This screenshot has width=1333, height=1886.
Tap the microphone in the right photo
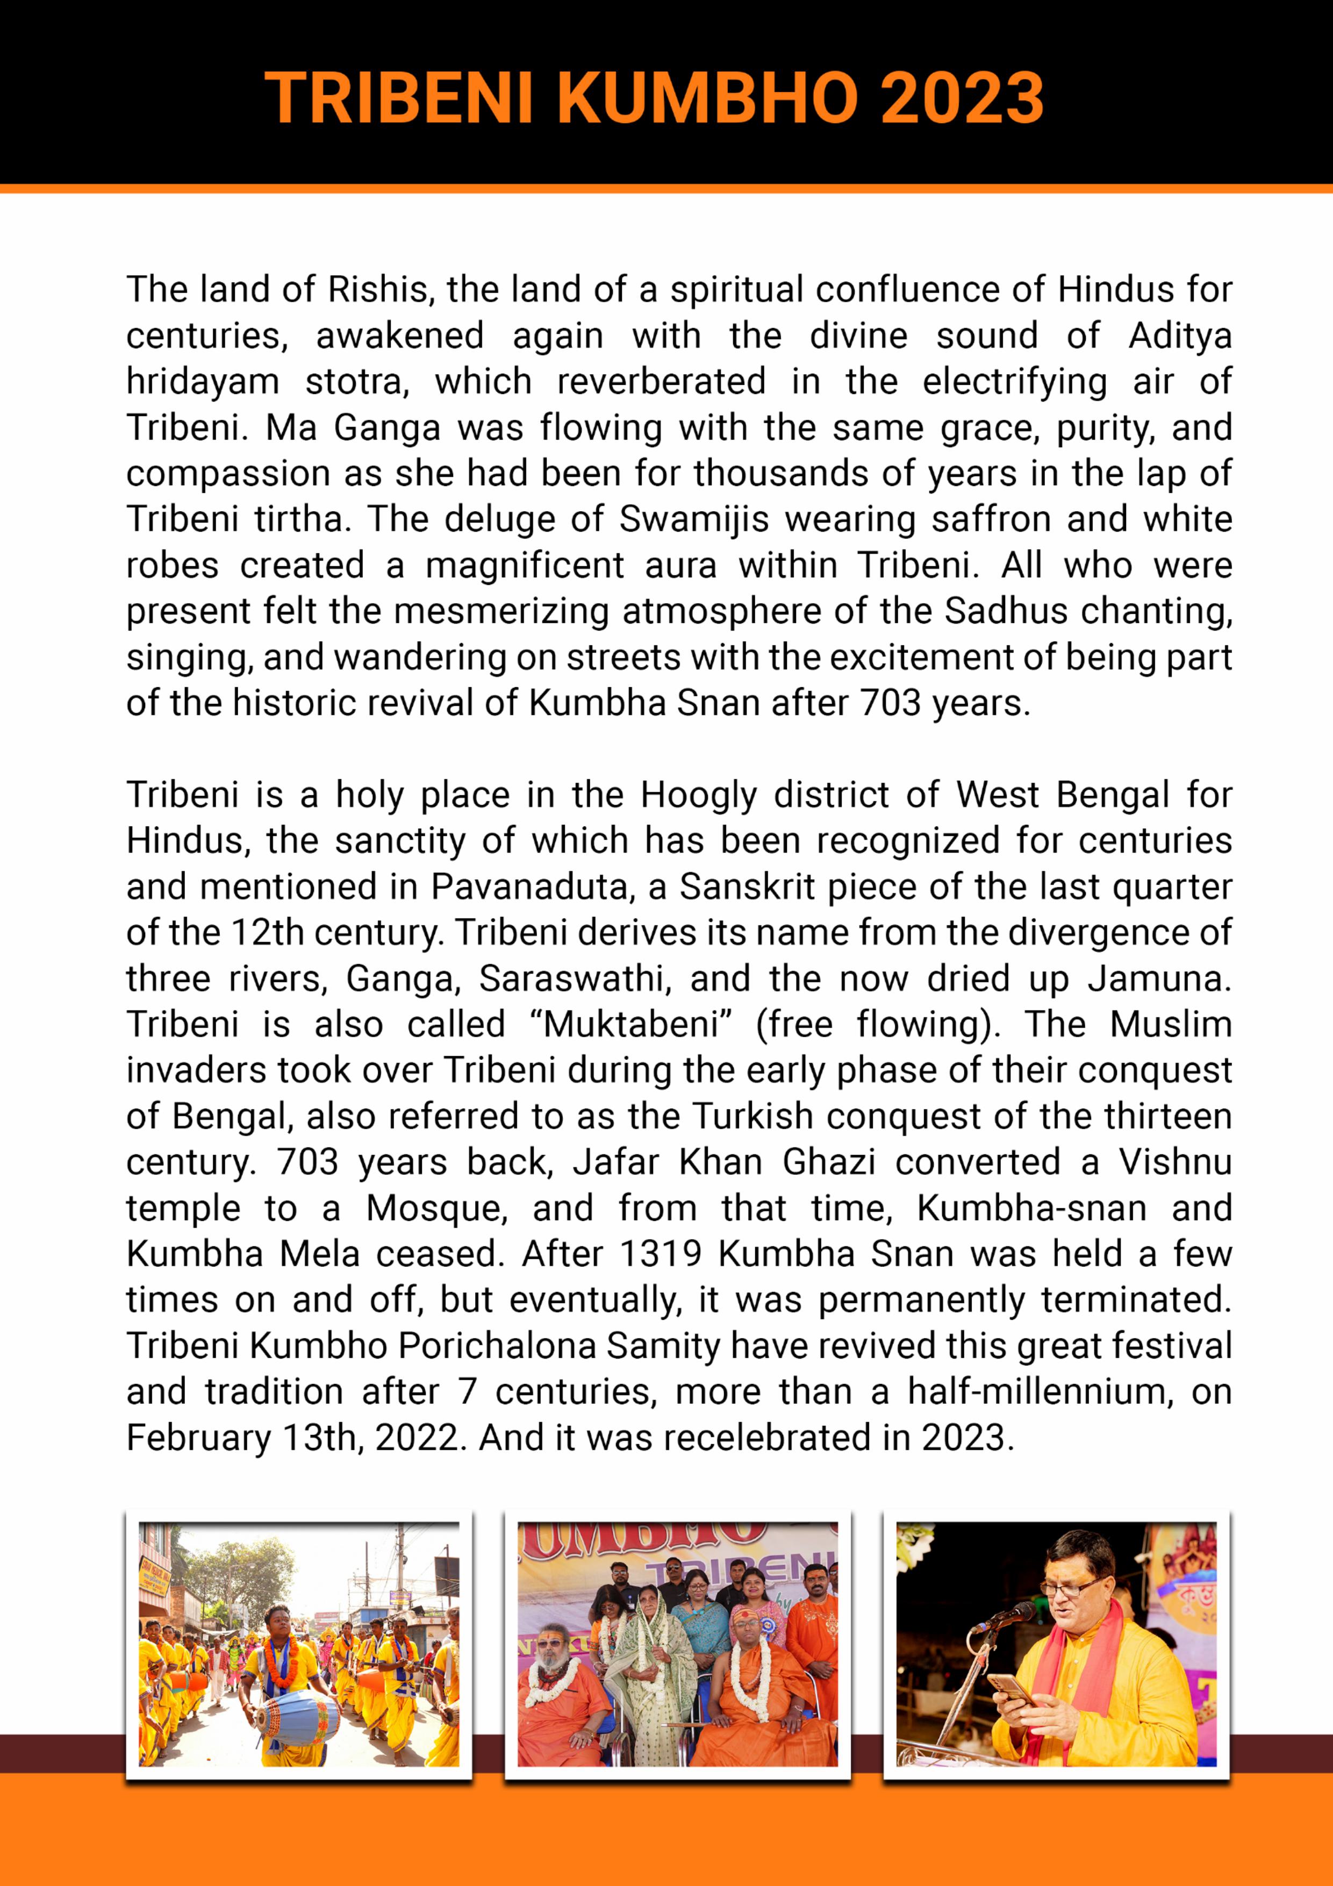(x=1007, y=1617)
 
